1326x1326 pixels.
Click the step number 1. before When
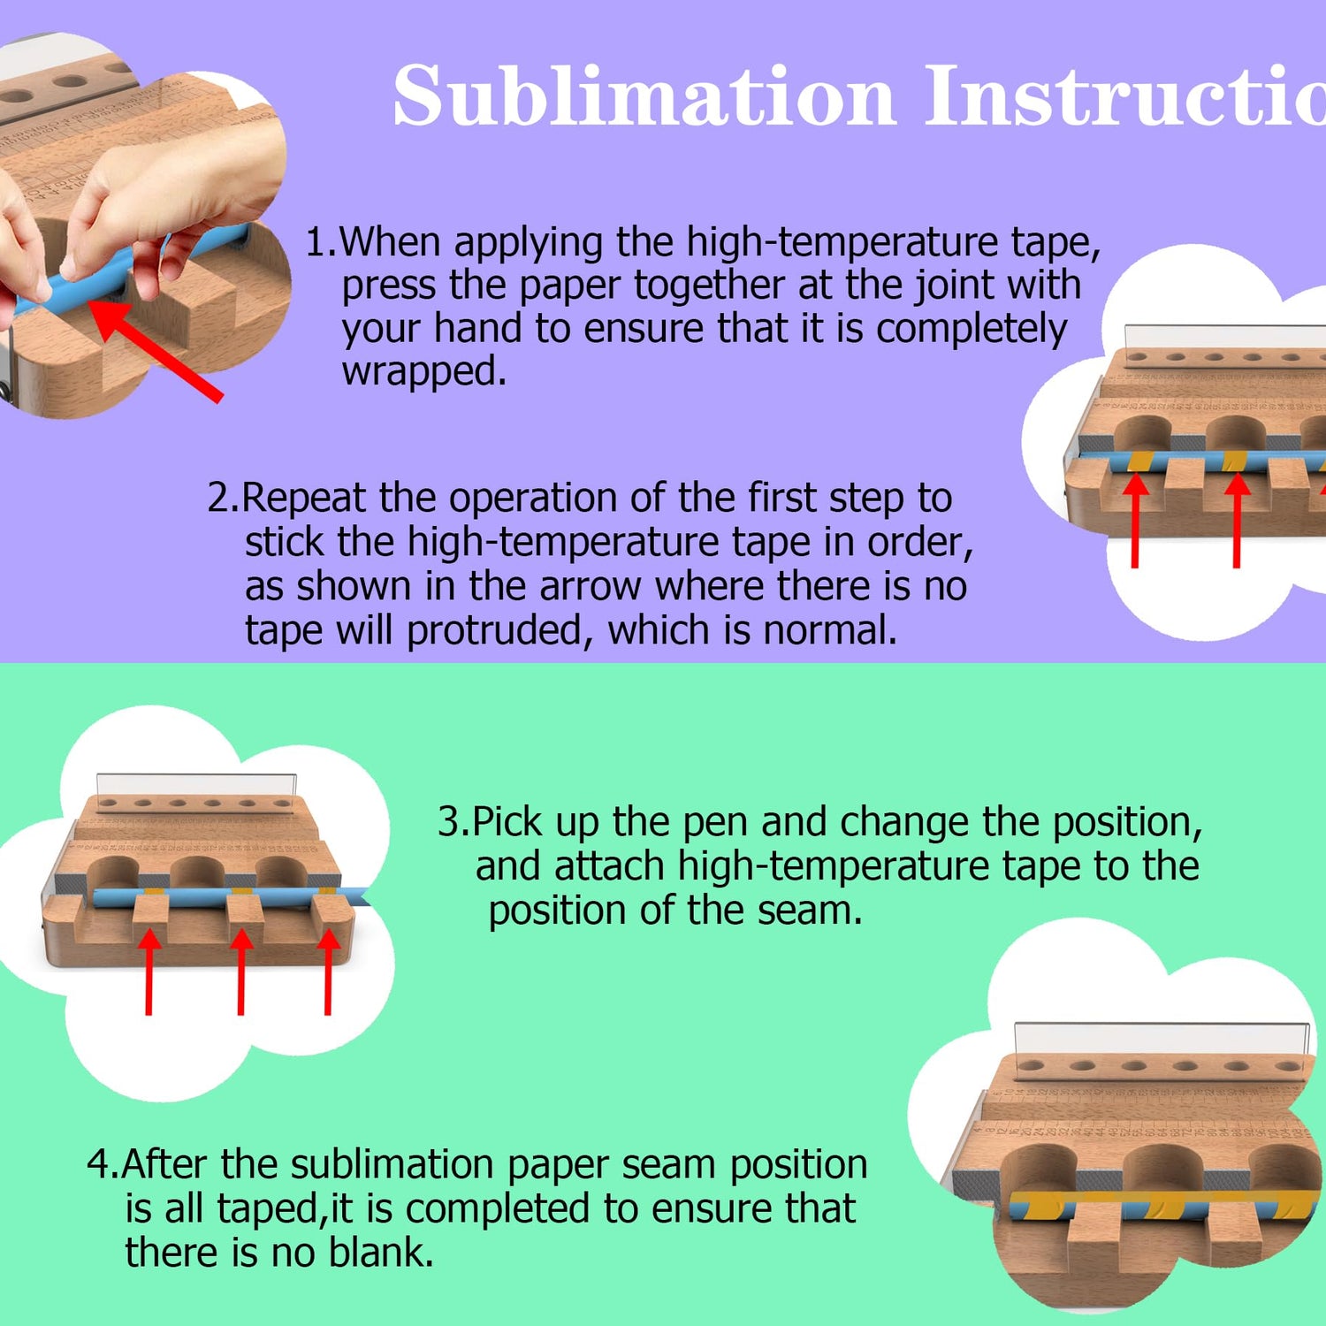(320, 242)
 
